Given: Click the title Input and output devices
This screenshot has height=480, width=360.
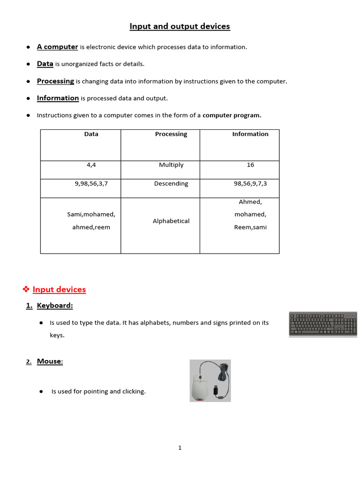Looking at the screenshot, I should click(x=180, y=26).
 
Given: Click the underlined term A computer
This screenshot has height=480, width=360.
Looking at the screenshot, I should click(x=57, y=47).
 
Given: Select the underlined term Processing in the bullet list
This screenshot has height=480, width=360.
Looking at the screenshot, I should click(x=55, y=81).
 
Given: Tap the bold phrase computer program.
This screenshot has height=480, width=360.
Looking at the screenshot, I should click(x=232, y=115).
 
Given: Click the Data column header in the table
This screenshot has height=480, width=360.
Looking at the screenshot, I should click(x=91, y=134).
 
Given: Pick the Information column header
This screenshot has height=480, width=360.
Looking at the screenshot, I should click(x=250, y=134).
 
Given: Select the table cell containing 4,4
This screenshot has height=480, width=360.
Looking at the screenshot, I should click(x=91, y=165).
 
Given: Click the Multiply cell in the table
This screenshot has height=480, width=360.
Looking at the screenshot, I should click(x=171, y=165).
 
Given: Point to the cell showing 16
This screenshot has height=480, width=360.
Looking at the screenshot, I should click(x=250, y=165).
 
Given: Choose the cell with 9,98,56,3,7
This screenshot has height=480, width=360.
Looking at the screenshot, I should click(x=91, y=184).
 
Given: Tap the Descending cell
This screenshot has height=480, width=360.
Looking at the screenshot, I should click(x=171, y=184).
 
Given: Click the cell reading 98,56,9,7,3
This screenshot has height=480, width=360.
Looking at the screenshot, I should click(x=250, y=184).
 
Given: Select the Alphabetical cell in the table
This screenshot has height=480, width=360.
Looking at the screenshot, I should click(x=171, y=221).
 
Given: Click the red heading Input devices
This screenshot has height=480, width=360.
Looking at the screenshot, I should click(x=59, y=290).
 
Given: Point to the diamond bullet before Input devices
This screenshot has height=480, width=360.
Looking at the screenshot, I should click(x=26, y=290).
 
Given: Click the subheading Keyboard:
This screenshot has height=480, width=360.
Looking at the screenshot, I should click(x=55, y=306).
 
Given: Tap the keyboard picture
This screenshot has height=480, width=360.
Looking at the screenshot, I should click(x=323, y=324).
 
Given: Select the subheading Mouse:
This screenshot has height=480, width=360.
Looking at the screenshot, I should click(x=50, y=361).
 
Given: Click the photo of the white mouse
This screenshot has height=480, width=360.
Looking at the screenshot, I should click(x=210, y=381).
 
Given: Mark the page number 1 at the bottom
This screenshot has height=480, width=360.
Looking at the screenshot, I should click(x=180, y=448).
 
